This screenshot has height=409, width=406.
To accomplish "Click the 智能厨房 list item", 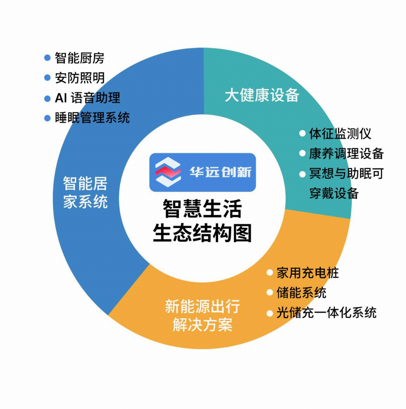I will click(79, 58).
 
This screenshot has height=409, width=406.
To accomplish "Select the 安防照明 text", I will click(79, 78).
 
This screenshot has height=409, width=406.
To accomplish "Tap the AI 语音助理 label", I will click(87, 97).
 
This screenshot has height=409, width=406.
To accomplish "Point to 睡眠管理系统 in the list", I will click(92, 118).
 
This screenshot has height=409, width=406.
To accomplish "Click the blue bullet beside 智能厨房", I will click(48, 58).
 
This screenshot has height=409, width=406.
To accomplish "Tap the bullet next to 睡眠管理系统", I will click(48, 118).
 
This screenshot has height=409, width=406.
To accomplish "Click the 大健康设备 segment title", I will click(262, 95).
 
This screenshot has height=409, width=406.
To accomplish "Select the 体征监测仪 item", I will click(340, 134).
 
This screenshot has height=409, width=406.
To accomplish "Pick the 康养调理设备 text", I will click(346, 153).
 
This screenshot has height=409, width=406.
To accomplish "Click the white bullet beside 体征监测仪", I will click(303, 134).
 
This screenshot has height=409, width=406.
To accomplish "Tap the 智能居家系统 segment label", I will click(85, 193).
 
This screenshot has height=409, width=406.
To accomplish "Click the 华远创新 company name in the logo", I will click(220, 172).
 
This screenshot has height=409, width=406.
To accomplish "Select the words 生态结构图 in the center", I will click(202, 233).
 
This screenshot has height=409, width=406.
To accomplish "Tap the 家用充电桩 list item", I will click(308, 273).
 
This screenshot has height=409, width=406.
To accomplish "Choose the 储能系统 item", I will click(301, 293).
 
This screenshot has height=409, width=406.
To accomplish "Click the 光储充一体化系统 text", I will click(326, 313).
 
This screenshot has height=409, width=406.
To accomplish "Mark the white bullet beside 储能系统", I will click(270, 293).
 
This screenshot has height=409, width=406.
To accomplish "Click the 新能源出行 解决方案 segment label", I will click(202, 316).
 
